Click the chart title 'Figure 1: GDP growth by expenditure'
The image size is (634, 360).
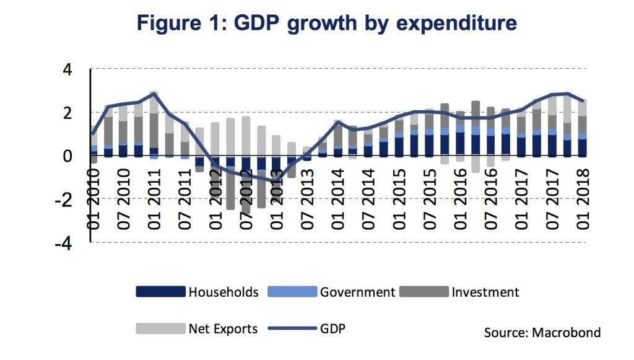click(x=326, y=24)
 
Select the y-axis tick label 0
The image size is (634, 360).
click(x=69, y=156)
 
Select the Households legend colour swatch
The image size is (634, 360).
click(x=160, y=292)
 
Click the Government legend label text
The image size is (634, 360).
click(x=357, y=292)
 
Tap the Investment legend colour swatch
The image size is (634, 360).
click(x=423, y=292)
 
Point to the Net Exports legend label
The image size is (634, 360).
click(x=223, y=328)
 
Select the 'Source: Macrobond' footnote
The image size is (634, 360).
click(x=542, y=333)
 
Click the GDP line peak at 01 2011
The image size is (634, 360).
click(x=154, y=94)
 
